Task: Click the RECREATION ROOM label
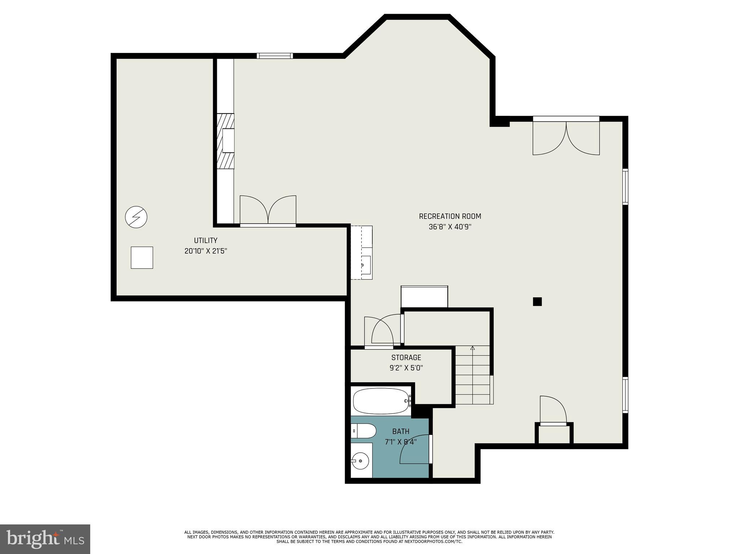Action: click(x=450, y=216)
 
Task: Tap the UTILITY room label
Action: click(x=205, y=241)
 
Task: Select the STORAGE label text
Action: click(x=406, y=357)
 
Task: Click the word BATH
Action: click(x=401, y=431)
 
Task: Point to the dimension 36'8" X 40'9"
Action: click(x=450, y=227)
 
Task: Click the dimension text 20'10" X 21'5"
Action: click(x=205, y=251)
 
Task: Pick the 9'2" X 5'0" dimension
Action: click(x=406, y=368)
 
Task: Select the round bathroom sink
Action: click(x=360, y=461)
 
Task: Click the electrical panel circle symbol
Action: click(x=136, y=217)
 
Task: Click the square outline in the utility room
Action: click(x=142, y=258)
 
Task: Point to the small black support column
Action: click(x=537, y=302)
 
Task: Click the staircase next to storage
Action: click(x=473, y=375)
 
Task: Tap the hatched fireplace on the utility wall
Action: click(x=226, y=141)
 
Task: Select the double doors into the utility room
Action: click(x=268, y=211)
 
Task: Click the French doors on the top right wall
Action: click(x=566, y=136)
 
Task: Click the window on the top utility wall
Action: click(x=275, y=56)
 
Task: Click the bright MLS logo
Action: click(x=45, y=539)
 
